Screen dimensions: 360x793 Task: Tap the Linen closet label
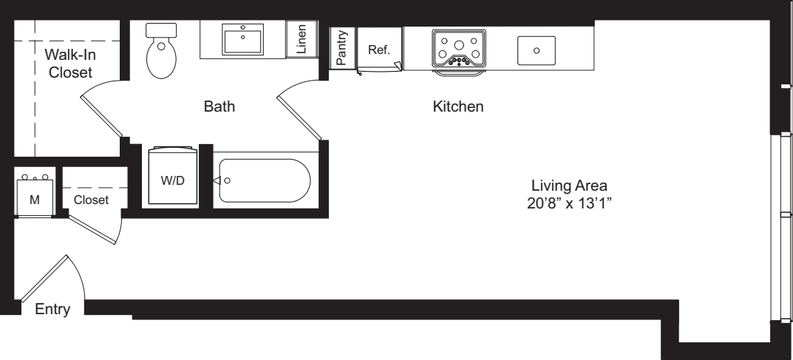[x=302, y=41]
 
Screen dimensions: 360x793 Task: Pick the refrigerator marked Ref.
[x=378, y=50]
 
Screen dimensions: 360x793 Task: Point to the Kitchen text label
[x=458, y=107]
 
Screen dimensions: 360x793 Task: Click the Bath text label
[x=219, y=107]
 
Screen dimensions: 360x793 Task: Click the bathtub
[x=262, y=180]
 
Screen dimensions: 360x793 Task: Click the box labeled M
[x=35, y=192]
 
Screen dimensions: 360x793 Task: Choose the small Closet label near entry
[x=91, y=200]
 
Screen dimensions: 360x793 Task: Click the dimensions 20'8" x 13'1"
[x=567, y=201]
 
